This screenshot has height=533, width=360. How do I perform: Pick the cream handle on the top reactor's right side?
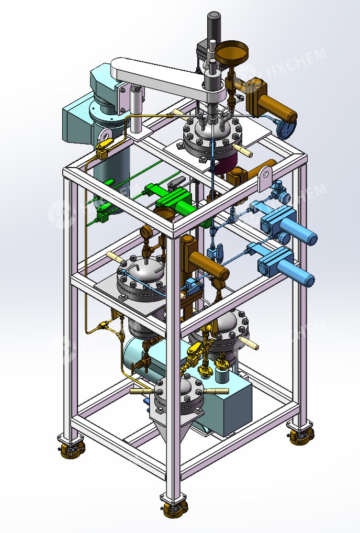click(x=244, y=151)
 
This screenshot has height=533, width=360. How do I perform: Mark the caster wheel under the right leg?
click(x=302, y=435)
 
